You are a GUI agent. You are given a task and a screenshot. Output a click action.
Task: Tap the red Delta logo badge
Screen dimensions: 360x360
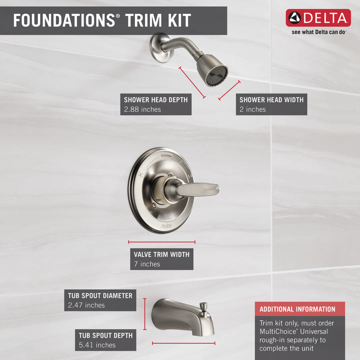coord(318,18)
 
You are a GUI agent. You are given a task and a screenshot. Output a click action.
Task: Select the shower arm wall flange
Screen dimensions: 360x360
coord(159,46)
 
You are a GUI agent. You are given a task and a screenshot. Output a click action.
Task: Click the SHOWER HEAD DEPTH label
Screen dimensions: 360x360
coord(156,100)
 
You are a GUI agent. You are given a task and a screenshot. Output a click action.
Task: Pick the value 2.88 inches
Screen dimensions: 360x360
coord(142,109)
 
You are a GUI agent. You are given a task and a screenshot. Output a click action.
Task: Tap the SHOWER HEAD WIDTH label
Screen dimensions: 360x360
coord(271,100)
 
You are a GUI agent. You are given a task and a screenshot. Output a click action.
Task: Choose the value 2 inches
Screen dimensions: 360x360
coord(252,109)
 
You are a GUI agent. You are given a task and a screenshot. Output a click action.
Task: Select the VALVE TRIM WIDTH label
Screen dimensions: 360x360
coord(161,254)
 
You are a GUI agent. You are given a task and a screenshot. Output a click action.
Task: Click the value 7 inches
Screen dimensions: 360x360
coord(147,264)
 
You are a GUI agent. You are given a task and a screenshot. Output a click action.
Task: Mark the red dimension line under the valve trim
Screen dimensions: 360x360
coord(161,242)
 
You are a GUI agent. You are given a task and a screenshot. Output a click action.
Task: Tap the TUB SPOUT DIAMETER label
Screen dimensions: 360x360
coord(100,295)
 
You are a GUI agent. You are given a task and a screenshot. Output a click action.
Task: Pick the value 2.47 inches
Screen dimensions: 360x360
coord(86,305)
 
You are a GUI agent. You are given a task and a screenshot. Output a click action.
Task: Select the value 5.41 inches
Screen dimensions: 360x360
coord(97,345)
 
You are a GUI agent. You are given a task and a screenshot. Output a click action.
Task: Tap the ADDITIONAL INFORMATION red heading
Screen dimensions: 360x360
coord(297,309)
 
